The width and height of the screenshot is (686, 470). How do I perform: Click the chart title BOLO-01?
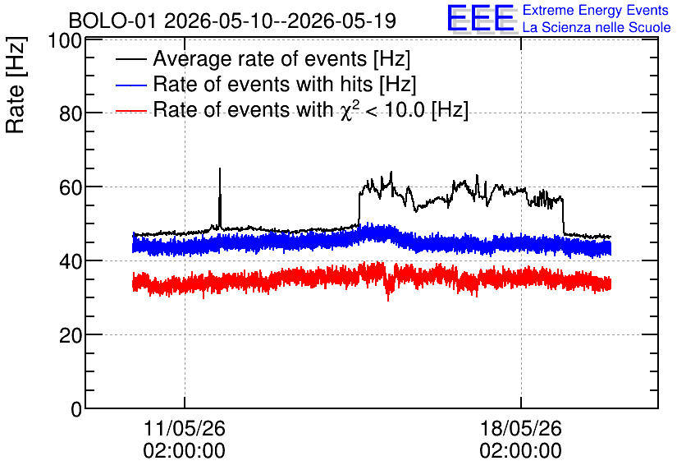coord(112,21)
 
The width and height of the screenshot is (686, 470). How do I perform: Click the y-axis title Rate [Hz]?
coord(16,85)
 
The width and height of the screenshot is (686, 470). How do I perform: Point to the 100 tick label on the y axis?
coord(65,41)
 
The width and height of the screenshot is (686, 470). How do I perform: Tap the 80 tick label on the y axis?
coord(71,114)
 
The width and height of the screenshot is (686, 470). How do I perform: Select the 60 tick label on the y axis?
coord(71,187)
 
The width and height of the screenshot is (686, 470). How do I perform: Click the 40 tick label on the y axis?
coord(71,261)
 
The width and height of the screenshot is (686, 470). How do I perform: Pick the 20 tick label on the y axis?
coord(71,335)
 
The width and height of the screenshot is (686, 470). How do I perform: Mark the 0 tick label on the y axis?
coord(76,409)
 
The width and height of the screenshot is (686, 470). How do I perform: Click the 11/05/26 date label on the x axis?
coord(184,428)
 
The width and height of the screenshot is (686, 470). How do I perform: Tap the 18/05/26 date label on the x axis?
coord(520,428)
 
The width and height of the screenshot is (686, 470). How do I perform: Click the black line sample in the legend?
coord(130,59)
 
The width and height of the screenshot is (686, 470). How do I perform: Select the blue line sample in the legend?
coord(130,85)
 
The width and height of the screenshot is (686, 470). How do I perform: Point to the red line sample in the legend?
coord(130,110)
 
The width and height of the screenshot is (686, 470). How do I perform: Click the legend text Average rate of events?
coord(260,59)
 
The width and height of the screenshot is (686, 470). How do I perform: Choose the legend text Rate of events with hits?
coord(263,84)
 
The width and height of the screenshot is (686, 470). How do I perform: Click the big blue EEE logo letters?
coord(481,18)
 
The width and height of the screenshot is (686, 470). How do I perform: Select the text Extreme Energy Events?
coord(596,10)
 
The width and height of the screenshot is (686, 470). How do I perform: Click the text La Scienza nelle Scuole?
coord(597,27)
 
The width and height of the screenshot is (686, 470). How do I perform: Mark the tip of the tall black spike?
coord(220,168)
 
